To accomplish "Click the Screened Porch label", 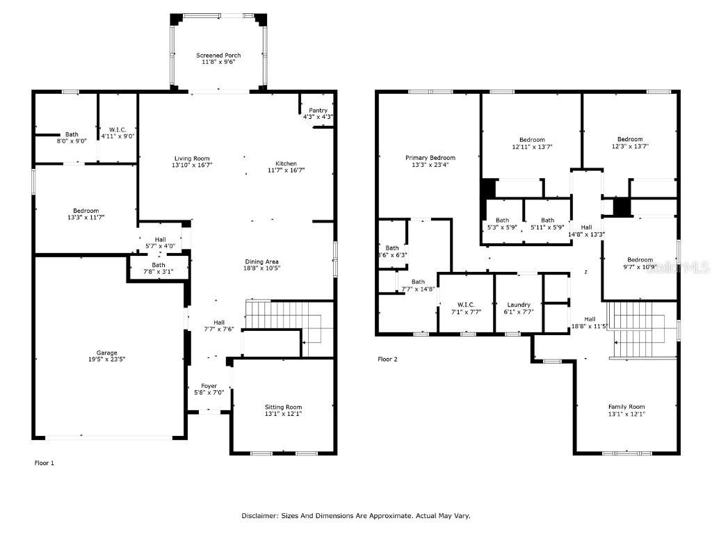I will tap(218, 56).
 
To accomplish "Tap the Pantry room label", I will tap(318, 110).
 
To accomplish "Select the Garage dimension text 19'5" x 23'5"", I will tap(106, 359).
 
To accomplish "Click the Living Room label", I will tap(192, 159).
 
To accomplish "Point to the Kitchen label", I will tap(286, 163).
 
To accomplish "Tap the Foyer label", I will tap(209, 386).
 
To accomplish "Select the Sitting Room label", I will tap(283, 407).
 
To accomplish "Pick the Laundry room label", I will tap(519, 305).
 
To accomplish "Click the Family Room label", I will tap(626, 407).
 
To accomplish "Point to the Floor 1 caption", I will tap(44, 462).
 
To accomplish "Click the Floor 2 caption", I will tap(387, 359).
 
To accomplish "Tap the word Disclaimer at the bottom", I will tap(260, 516).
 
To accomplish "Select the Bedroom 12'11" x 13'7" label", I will tap(528, 140).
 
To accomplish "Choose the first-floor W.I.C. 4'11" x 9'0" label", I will tap(117, 129).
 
